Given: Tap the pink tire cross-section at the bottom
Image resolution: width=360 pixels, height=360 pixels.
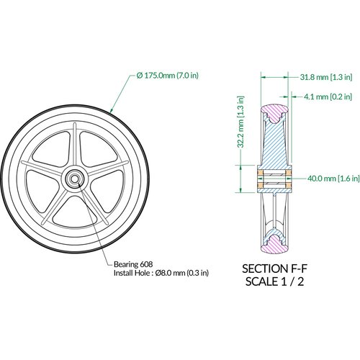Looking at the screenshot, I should pos(276,245).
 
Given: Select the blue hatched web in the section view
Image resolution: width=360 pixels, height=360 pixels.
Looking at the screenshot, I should pos(276,144).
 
